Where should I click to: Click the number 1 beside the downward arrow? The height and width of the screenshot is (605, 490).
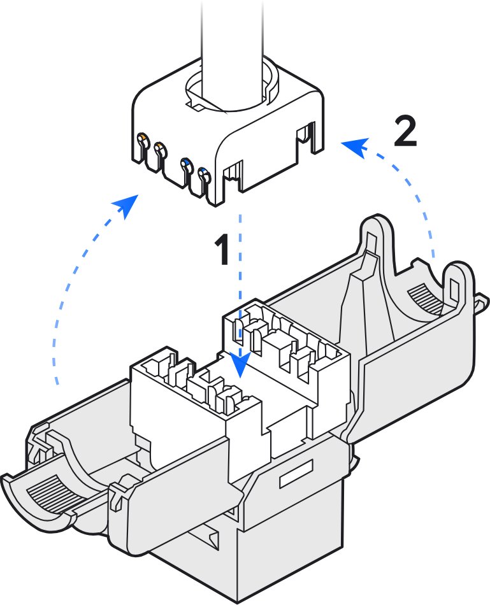(220, 250)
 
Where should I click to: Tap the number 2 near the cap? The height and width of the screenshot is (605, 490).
(405, 132)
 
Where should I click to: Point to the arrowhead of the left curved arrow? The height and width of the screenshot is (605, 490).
(129, 205)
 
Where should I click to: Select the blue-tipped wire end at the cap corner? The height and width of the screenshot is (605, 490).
(203, 173)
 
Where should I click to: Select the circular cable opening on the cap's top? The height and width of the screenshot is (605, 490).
(233, 92)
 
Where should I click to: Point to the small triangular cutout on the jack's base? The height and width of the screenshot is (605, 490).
(212, 539)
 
